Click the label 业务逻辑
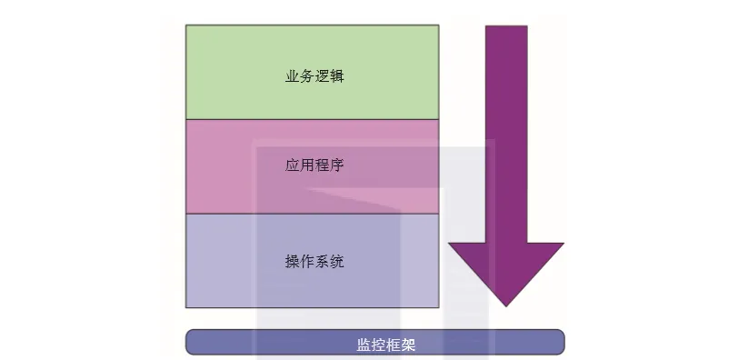click(x=314, y=76)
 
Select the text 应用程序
click(x=314, y=165)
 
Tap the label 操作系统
click(x=314, y=261)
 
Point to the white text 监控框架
click(x=386, y=345)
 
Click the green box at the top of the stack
click(x=312, y=72)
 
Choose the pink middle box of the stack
click(x=312, y=166)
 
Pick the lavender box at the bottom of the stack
click(x=312, y=261)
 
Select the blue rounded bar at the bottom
click(x=375, y=342)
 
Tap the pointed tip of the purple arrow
click(x=506, y=306)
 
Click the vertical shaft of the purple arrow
click(x=506, y=135)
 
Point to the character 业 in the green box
click(x=292, y=76)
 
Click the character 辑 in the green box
click(x=337, y=76)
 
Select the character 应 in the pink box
click(x=292, y=165)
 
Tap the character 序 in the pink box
click(x=337, y=165)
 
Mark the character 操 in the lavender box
click(x=292, y=261)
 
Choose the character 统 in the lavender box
click(x=337, y=261)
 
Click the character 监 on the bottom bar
click(x=364, y=345)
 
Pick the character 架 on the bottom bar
click(x=409, y=345)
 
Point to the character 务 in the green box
click(x=306, y=76)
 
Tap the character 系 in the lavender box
click(x=322, y=261)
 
